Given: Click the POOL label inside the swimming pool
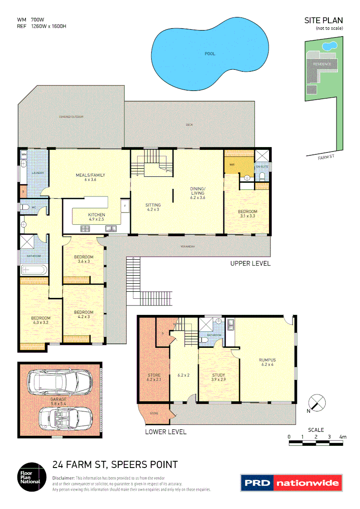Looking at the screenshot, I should (210, 54).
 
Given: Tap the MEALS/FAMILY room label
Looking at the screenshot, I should (90, 177).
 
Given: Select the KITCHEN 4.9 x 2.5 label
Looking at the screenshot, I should (96, 217).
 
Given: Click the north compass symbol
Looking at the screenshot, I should (317, 403).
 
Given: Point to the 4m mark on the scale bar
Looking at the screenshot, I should (343, 437).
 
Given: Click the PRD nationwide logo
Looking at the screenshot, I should (290, 483).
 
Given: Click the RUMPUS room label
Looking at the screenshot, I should (267, 362).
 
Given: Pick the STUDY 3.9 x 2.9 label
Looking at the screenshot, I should (218, 378).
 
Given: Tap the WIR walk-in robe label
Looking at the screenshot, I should (232, 165).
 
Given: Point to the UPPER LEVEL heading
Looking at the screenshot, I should (250, 263).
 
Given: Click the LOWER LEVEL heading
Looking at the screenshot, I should (165, 432).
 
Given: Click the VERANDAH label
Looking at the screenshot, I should (188, 246).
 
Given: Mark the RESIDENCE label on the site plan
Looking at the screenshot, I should (322, 64).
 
